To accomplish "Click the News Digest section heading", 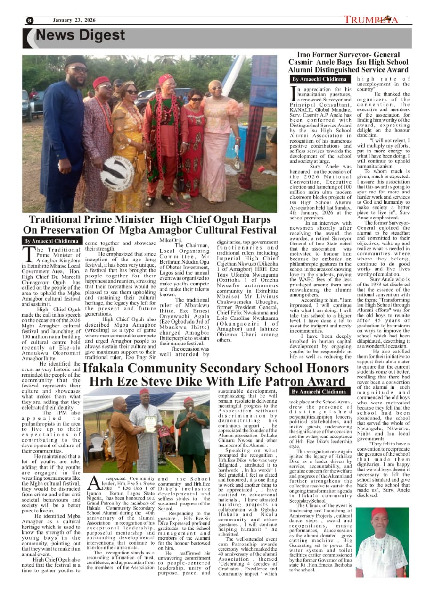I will tap(80, 36).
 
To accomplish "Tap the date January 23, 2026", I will tap(74, 20).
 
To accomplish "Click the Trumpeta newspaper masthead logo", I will tap(371, 20).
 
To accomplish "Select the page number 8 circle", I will tap(30, 20).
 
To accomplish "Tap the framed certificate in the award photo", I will tap(150, 424).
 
